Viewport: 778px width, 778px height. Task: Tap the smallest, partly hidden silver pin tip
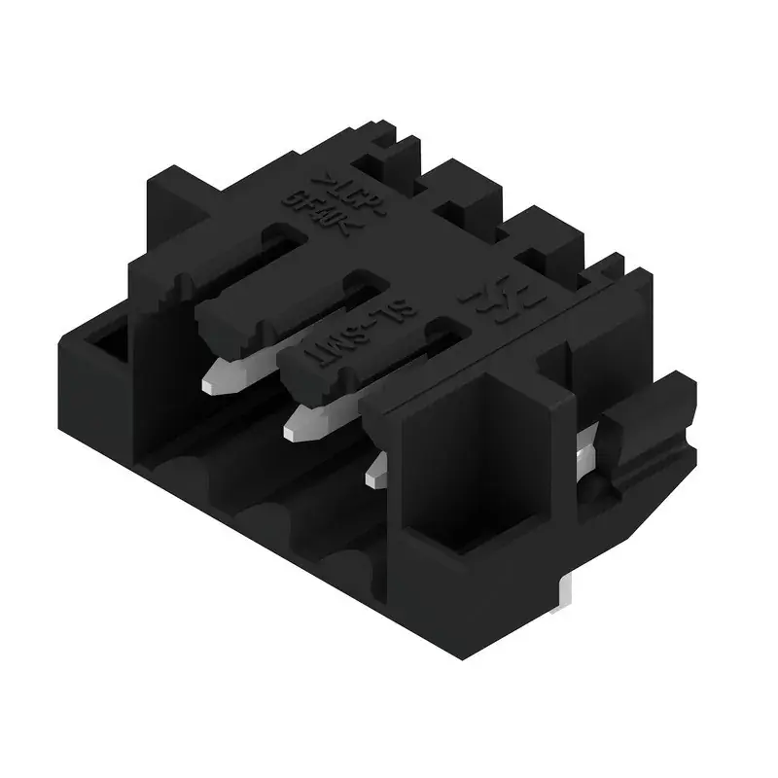[x=375, y=474]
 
